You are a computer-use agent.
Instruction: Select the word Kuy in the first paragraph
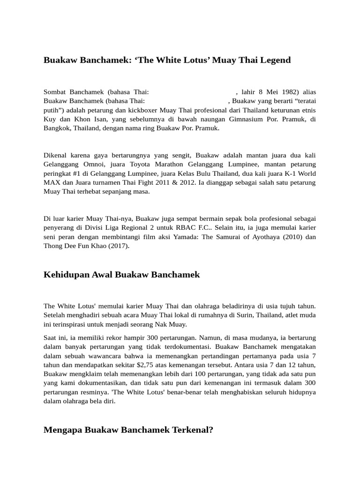point(49,120)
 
